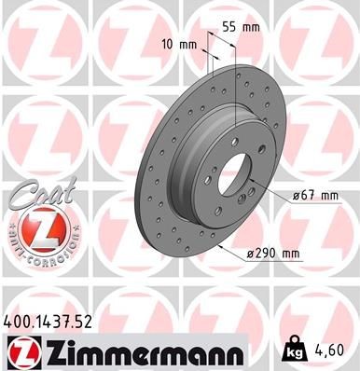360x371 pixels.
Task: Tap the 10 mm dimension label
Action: point(176,44)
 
